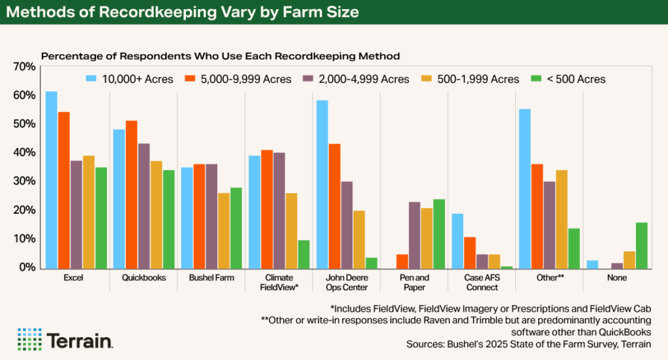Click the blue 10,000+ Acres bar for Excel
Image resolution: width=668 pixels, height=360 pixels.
click(51, 180)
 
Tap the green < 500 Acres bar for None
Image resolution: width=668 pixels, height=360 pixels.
click(642, 245)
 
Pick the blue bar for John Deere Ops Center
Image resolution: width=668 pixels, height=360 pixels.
click(321, 184)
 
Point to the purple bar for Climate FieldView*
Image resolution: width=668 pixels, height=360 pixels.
click(279, 210)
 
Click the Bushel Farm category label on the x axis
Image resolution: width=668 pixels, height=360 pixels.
click(211, 278)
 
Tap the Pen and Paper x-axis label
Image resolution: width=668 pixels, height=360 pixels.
click(414, 282)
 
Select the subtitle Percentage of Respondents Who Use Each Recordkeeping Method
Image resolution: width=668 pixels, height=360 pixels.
click(220, 56)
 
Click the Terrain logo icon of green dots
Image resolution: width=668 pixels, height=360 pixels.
click(29, 339)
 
